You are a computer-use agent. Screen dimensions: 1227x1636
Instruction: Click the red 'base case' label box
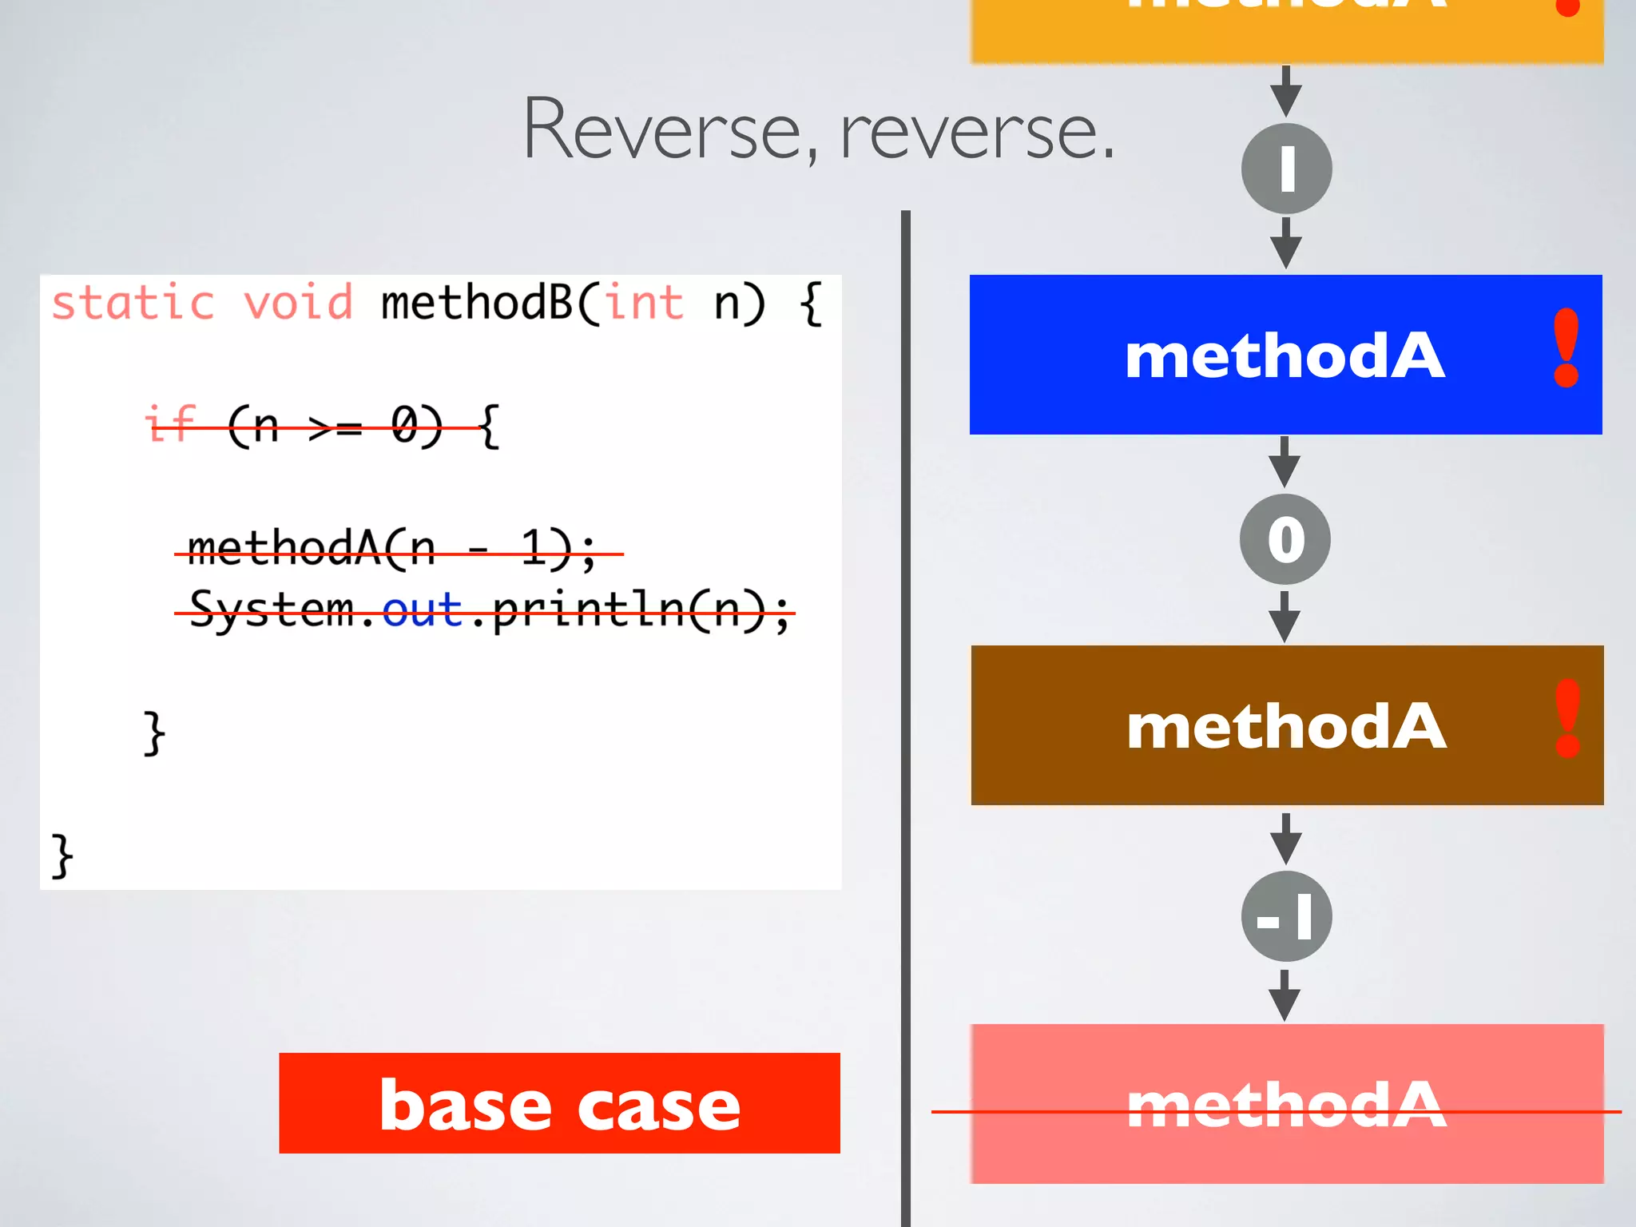pyautogui.click(x=559, y=1102)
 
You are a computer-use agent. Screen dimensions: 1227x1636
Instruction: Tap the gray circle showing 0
pyautogui.click(x=1285, y=539)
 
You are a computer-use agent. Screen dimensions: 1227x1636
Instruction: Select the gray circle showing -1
pyautogui.click(x=1286, y=916)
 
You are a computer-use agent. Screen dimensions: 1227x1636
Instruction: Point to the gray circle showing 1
pyautogui.click(x=1286, y=169)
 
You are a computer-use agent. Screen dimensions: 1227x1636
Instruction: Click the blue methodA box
pyautogui.click(x=1285, y=355)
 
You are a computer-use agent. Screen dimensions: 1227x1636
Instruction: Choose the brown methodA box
pyautogui.click(x=1286, y=725)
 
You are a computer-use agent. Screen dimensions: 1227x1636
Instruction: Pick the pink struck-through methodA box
pyautogui.click(x=1286, y=1103)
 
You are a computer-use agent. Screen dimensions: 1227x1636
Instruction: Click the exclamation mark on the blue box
pyautogui.click(x=1566, y=348)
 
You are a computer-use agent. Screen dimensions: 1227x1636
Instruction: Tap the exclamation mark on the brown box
pyautogui.click(x=1568, y=718)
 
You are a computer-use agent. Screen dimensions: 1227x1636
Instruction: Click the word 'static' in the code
pyautogui.click(x=133, y=304)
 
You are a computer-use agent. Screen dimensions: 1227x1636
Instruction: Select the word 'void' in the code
pyautogui.click(x=298, y=304)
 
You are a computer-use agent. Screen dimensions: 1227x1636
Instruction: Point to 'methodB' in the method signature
pyautogui.click(x=477, y=304)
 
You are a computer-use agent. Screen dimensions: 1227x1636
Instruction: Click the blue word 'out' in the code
pyautogui.click(x=422, y=611)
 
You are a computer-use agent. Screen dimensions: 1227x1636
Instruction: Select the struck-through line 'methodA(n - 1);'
pyautogui.click(x=391, y=550)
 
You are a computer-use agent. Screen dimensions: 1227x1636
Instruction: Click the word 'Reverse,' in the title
pyautogui.click(x=671, y=130)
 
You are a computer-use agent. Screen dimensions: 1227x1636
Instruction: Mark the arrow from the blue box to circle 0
pyautogui.click(x=1285, y=462)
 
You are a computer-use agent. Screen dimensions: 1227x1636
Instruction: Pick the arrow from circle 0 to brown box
pyautogui.click(x=1285, y=616)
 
